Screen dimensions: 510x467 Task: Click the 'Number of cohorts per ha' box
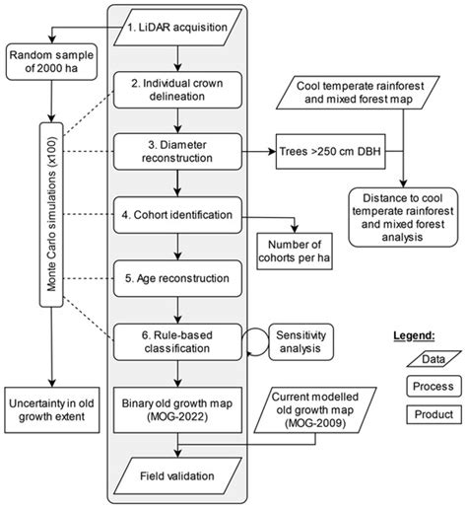click(296, 244)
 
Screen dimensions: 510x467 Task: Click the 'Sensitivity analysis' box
click(300, 342)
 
